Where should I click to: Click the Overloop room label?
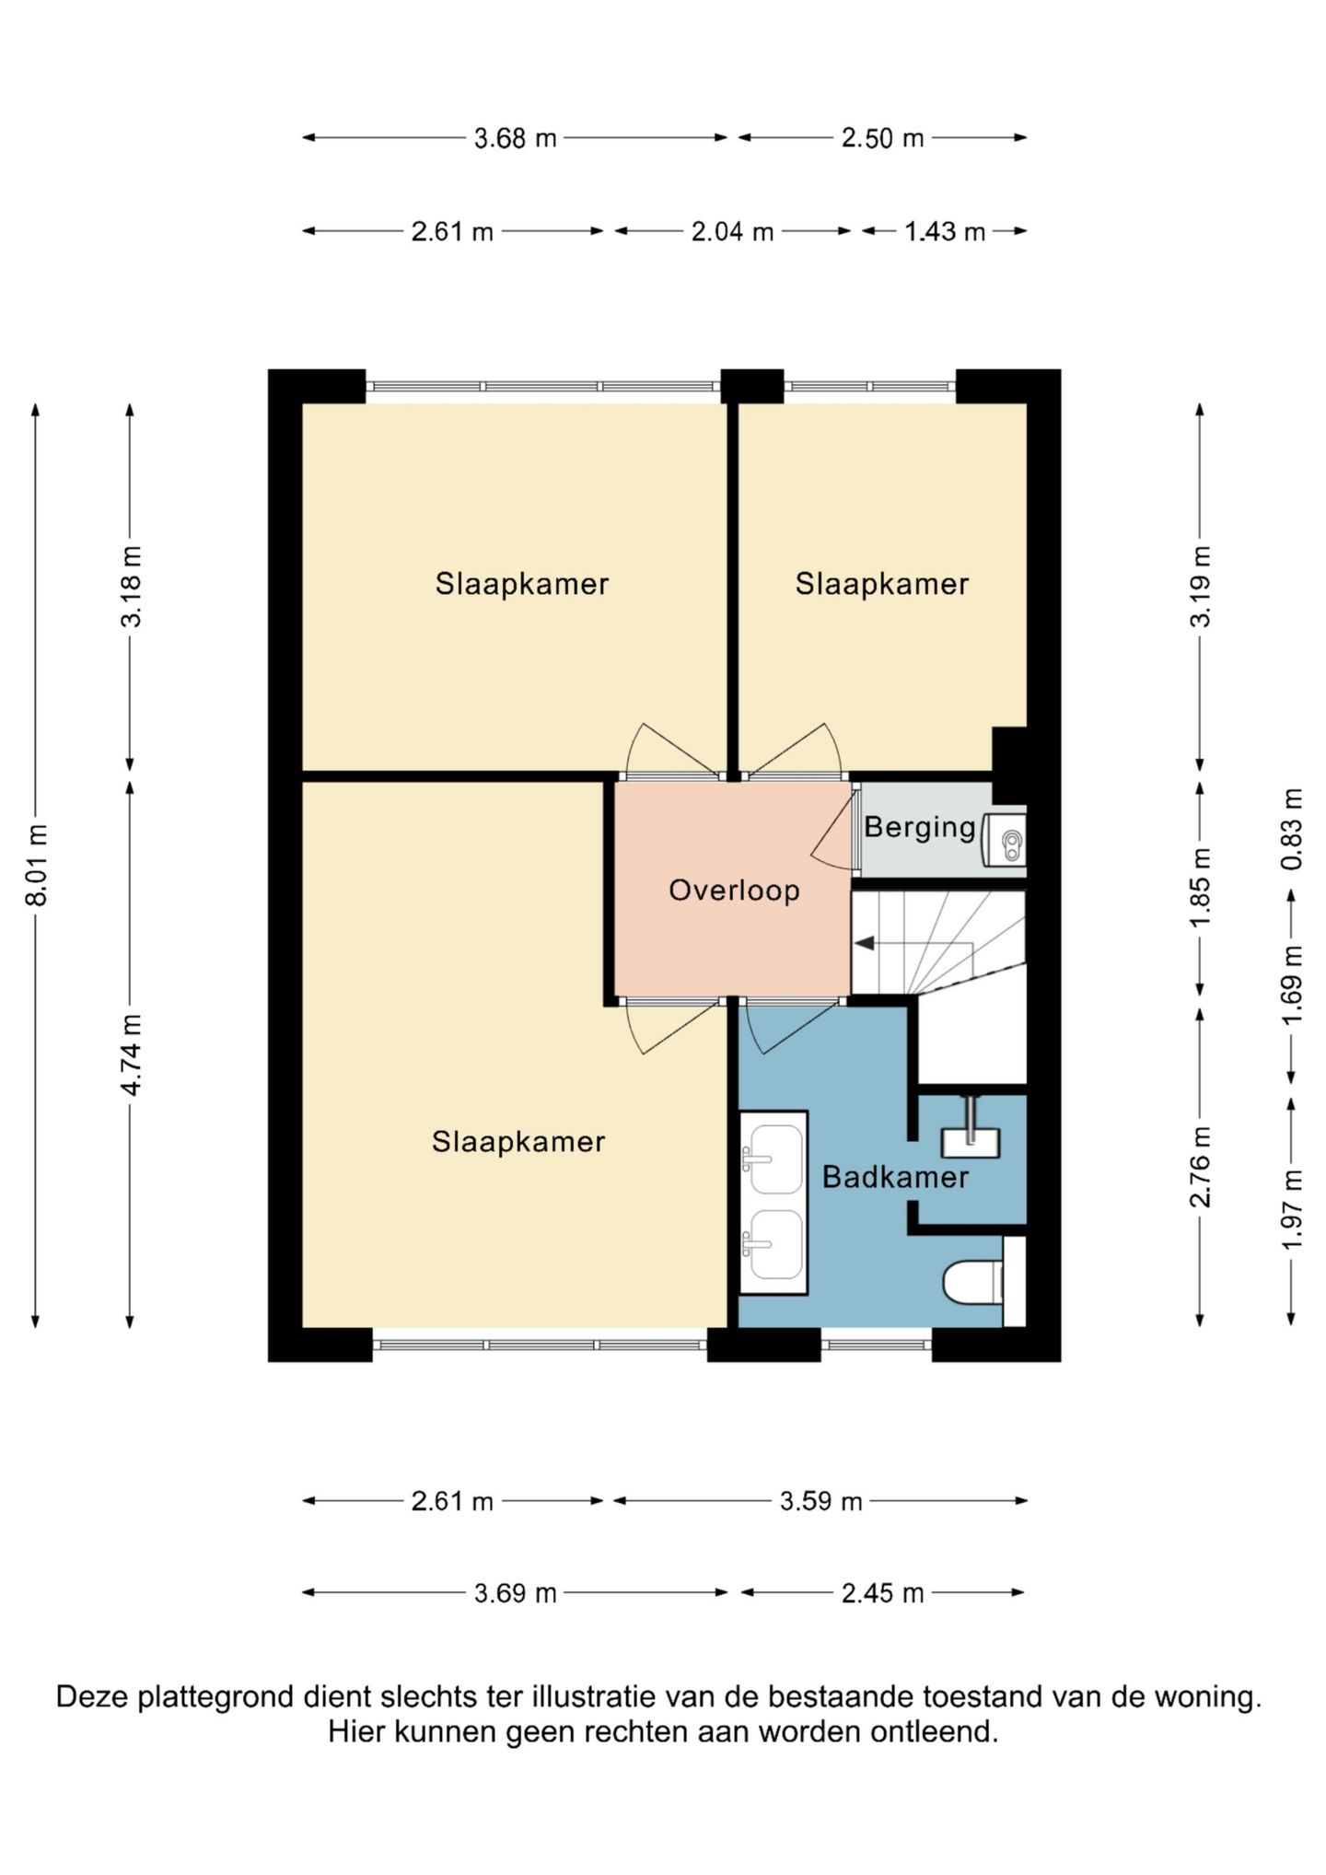pos(734,891)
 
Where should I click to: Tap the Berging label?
pos(920,828)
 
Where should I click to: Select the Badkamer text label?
pos(895,1177)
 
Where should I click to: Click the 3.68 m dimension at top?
pos(515,138)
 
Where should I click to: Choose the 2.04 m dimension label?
pos(732,231)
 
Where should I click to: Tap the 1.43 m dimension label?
pos(944,231)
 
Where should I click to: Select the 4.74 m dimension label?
pos(131,1054)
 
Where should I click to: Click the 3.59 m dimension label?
pos(820,1502)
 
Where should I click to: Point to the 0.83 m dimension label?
pos(1292,829)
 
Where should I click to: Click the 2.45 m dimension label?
pos(882,1593)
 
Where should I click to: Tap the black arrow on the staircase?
pos(865,943)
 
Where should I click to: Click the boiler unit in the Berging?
pos(1004,840)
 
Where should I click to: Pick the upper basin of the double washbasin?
pos(773,1159)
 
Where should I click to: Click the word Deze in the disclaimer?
pos(93,1697)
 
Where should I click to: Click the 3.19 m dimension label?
pos(1200,586)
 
